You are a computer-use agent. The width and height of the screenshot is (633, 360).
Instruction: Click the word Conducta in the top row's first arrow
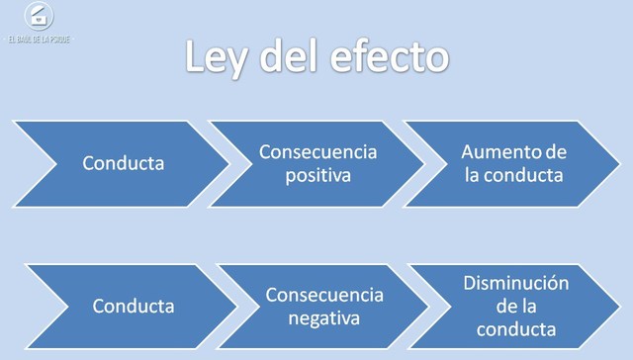point(124,163)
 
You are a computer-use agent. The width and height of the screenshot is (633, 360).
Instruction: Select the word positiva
point(318,175)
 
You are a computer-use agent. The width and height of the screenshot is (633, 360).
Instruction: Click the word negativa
point(323,318)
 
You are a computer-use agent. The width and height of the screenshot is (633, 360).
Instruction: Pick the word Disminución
point(516,284)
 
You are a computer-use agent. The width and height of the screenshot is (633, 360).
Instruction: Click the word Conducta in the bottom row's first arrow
point(134,307)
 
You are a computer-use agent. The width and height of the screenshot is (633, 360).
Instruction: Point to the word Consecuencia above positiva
point(318,152)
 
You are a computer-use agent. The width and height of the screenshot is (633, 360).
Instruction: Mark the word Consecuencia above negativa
point(323,296)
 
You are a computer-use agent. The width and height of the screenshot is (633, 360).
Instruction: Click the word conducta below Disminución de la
point(514,329)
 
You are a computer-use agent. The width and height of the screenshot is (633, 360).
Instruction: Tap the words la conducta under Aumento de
point(512,176)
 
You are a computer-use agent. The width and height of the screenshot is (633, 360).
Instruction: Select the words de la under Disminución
point(514,307)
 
